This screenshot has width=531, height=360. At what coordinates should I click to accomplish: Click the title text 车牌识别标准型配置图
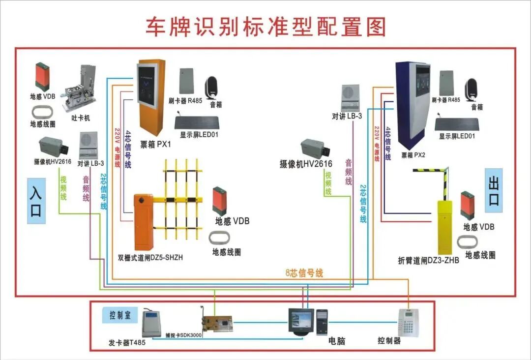[x=265, y=27]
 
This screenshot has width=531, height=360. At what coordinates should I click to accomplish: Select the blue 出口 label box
[x=493, y=191]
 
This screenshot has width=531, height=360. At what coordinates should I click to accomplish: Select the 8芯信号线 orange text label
[x=304, y=273]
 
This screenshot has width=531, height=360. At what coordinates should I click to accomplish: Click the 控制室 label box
[x=120, y=315]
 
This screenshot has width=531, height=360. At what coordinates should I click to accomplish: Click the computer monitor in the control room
[x=300, y=320]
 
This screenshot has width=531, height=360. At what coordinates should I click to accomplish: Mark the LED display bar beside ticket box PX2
[x=456, y=124]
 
